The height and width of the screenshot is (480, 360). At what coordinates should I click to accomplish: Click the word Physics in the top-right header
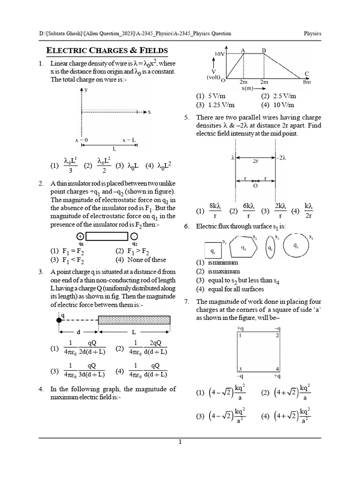[x=312, y=34]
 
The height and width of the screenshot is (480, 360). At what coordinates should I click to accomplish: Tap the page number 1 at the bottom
[x=180, y=442]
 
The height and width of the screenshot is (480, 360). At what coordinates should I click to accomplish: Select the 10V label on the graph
[x=220, y=54]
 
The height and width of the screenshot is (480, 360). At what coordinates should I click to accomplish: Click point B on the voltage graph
[x=264, y=50]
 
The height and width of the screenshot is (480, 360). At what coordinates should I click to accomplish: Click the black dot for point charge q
[x=60, y=320]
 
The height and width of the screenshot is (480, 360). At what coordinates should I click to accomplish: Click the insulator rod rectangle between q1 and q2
[x=109, y=236]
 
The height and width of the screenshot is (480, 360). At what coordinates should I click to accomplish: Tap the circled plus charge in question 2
[x=81, y=236]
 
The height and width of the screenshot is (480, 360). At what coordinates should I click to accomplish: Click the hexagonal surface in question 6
[x=243, y=247]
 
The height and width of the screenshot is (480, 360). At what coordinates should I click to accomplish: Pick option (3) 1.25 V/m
[x=216, y=105]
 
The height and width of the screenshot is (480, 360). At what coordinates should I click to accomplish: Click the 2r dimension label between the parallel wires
[x=255, y=160]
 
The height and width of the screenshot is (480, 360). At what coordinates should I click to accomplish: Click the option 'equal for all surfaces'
[x=230, y=289]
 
